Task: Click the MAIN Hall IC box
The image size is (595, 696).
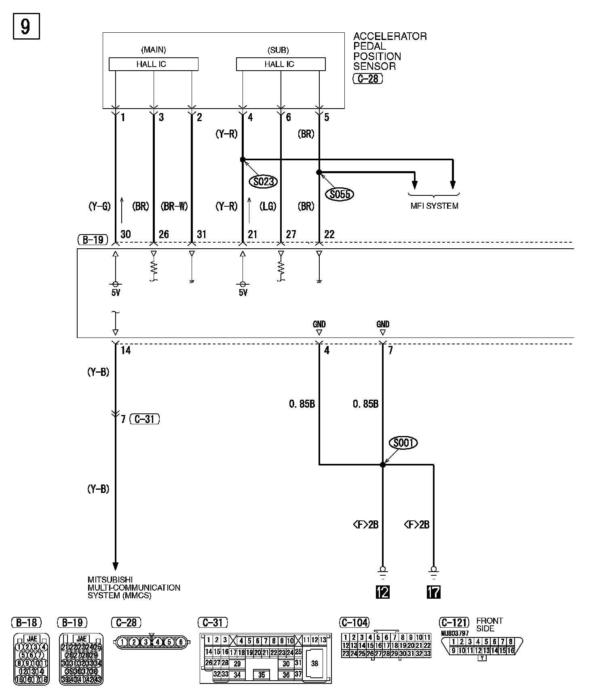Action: (153, 64)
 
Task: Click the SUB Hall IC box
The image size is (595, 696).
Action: (281, 64)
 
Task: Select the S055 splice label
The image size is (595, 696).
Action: (339, 195)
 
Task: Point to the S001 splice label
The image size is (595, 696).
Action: (403, 443)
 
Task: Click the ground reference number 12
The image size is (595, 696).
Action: (382, 592)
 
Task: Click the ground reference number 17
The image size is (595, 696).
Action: (433, 592)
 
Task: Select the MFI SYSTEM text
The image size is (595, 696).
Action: (434, 206)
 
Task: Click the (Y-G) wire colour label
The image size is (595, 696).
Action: (99, 206)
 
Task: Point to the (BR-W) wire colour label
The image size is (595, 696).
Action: (174, 206)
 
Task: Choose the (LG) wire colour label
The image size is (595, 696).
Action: (268, 206)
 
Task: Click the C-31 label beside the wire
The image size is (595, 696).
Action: (145, 419)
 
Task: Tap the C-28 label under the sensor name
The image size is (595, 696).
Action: (367, 78)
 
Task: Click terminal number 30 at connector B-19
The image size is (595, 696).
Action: (125, 234)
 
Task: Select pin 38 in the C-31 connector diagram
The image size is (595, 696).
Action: (314, 663)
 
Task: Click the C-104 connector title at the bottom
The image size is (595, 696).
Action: (354, 623)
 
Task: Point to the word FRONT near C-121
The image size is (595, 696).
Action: (490, 621)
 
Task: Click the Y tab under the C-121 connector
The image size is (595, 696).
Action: (481, 658)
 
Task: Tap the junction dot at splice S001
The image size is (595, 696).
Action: (382, 465)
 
